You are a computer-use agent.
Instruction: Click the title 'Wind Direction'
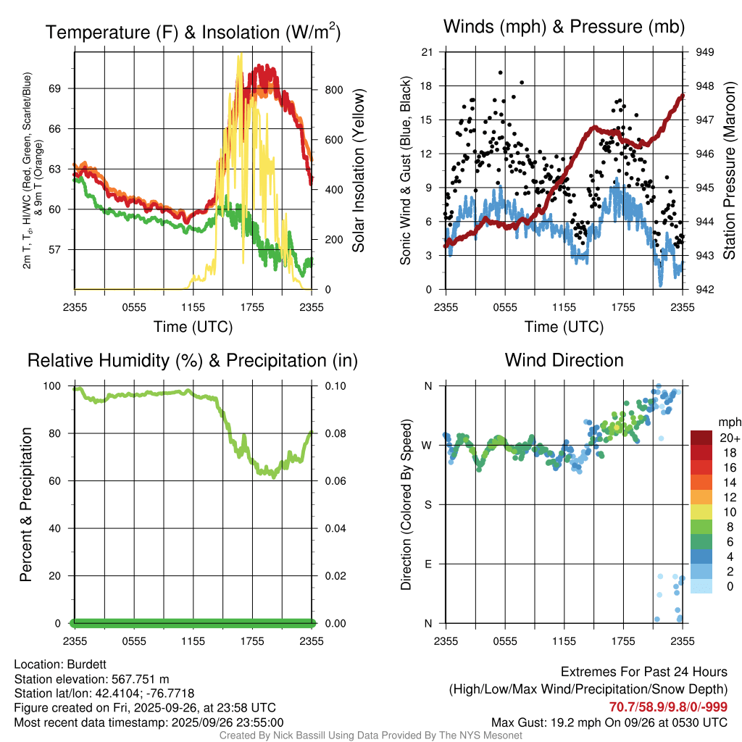point(564,360)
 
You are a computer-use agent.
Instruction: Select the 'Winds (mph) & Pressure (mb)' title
point(564,28)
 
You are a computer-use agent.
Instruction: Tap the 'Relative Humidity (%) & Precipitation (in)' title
point(193,360)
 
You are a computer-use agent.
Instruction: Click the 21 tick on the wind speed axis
point(427,52)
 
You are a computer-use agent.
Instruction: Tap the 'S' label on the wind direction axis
point(428,504)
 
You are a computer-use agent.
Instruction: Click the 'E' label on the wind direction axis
point(428,564)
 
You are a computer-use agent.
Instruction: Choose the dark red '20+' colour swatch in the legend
point(702,438)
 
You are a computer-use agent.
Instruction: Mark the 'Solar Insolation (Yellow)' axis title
point(359,171)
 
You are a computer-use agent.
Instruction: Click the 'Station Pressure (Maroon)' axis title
point(730,171)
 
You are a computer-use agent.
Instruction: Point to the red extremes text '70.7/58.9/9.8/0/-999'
point(668,706)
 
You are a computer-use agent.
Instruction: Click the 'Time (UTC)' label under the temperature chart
point(193,327)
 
